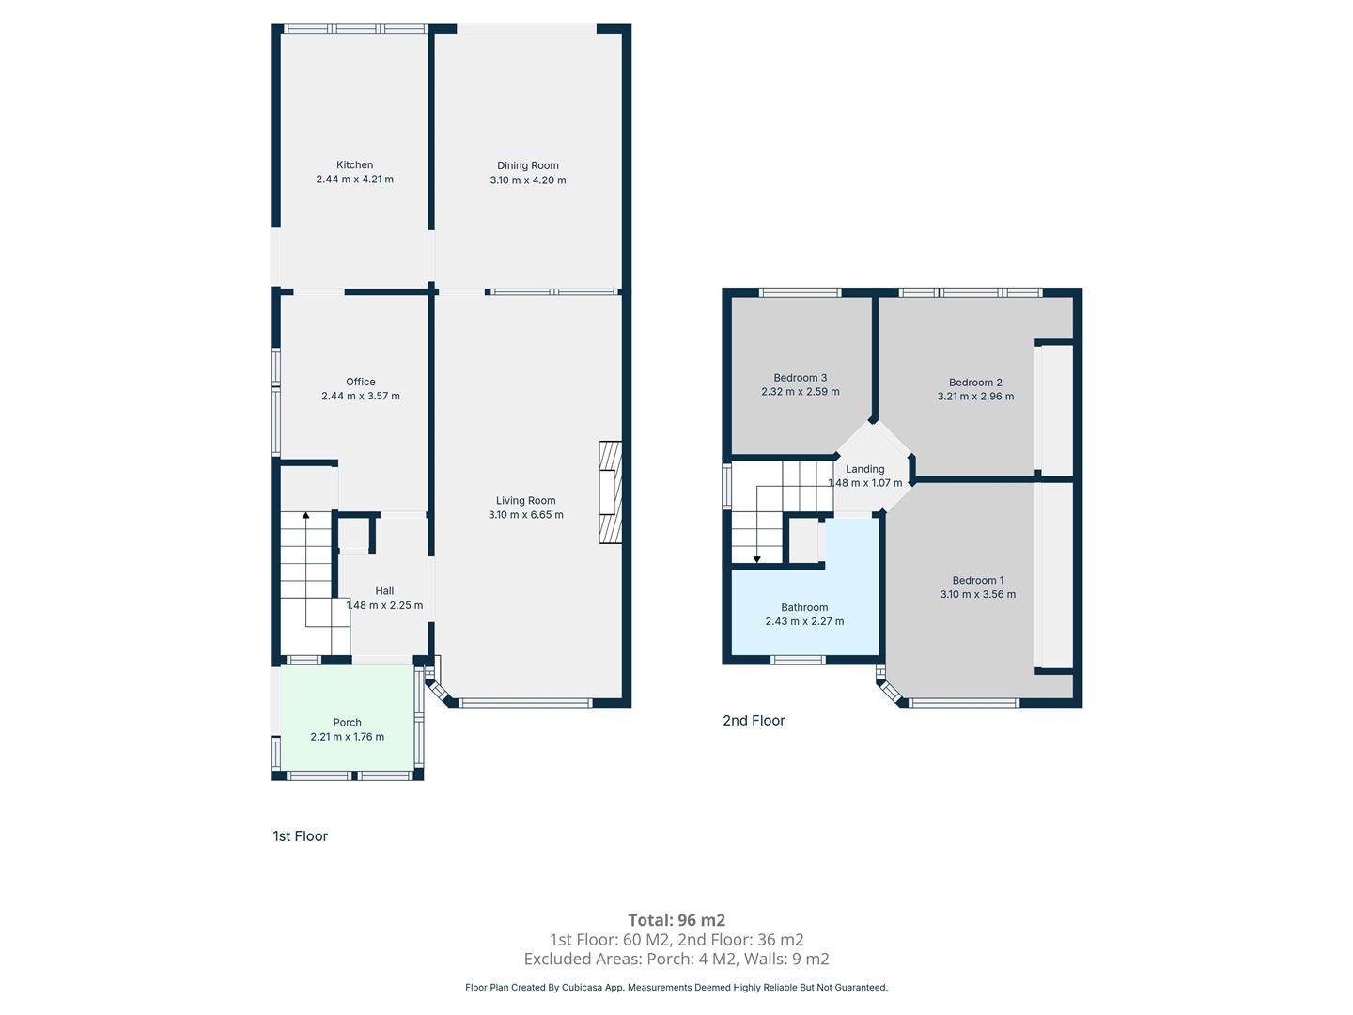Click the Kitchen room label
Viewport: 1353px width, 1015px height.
coord(354,164)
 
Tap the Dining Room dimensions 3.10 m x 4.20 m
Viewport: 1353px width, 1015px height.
coord(528,180)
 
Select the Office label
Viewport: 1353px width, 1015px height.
coord(361,382)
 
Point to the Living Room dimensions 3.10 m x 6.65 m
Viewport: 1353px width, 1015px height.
coord(526,515)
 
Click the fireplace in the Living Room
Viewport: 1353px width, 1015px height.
coord(610,492)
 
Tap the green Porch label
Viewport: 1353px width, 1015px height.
coord(347,723)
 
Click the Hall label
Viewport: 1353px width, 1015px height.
coord(384,590)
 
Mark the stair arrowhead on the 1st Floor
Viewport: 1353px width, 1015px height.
coord(305,515)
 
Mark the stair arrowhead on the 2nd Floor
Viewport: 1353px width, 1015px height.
coord(757,559)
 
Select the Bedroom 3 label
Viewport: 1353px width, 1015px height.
coord(801,377)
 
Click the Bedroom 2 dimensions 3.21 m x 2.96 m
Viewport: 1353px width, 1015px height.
coord(975,397)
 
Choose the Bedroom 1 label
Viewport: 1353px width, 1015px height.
coord(977,580)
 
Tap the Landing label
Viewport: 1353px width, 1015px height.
coord(864,469)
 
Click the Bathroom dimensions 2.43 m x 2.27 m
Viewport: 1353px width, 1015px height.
coord(804,621)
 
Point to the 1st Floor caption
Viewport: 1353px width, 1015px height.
coord(300,835)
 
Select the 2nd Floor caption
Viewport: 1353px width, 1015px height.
coord(754,720)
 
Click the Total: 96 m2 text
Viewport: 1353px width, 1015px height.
coord(676,920)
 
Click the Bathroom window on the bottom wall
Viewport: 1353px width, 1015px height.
coord(798,660)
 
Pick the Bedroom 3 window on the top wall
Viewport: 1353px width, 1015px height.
coord(800,292)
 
